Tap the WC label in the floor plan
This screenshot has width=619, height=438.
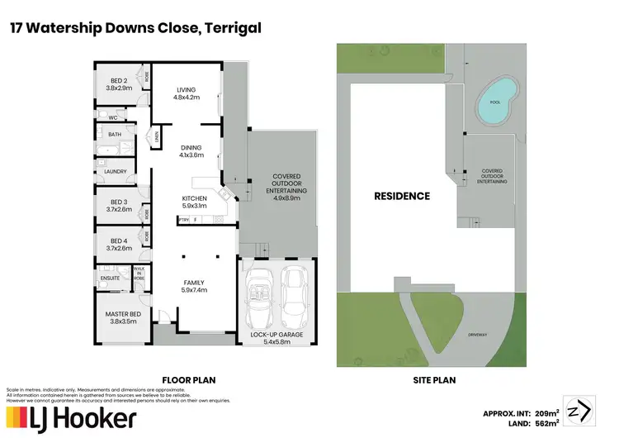(x=113, y=118)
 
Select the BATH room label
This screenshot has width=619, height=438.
(x=115, y=134)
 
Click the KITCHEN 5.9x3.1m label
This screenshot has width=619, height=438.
(x=195, y=202)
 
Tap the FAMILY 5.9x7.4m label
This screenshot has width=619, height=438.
(x=194, y=287)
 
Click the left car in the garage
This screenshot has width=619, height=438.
(x=258, y=295)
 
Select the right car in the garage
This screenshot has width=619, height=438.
(x=295, y=295)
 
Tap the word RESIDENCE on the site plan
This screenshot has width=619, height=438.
(x=402, y=197)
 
